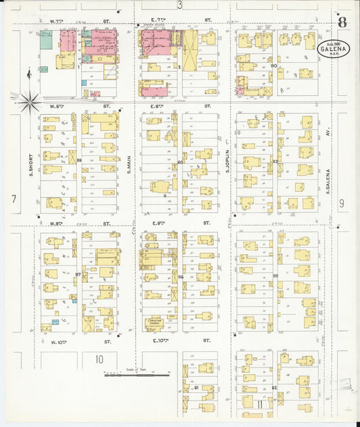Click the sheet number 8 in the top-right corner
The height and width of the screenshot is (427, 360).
click(342, 22)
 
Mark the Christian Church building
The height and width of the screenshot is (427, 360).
click(153, 324)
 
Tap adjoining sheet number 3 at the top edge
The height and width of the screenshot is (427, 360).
click(180, 5)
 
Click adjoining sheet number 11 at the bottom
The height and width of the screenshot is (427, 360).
click(259, 403)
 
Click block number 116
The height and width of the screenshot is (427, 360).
click(181, 277)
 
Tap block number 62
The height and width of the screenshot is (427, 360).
click(274, 388)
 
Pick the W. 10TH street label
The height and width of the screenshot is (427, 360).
click(61, 342)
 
